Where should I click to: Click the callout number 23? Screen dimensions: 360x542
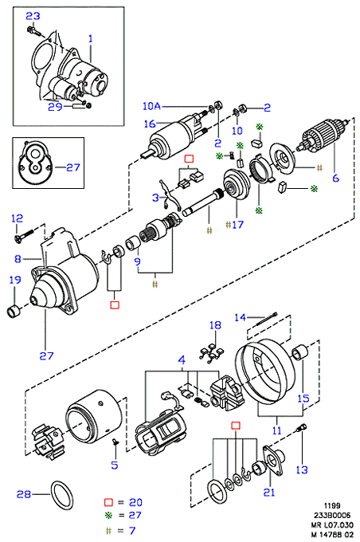[x=33, y=16]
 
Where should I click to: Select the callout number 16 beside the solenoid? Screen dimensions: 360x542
[x=150, y=124]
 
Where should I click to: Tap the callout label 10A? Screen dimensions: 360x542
[x=151, y=106]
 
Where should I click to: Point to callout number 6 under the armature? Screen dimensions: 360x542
[x=336, y=178]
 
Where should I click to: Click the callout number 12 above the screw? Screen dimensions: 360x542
[x=17, y=218]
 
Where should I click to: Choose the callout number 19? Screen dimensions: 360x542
[x=15, y=280]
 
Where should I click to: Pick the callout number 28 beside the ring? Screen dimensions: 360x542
[x=23, y=494]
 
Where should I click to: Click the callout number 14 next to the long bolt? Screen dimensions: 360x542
[x=240, y=317]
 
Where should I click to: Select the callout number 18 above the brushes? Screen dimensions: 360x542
[x=215, y=325]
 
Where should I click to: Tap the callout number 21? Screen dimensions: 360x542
[x=268, y=492]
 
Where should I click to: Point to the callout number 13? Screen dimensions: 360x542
[x=302, y=469]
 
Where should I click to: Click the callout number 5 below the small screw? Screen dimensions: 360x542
[x=115, y=465]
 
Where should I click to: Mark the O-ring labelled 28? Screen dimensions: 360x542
[x=62, y=495]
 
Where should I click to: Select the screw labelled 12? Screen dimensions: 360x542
[x=24, y=235]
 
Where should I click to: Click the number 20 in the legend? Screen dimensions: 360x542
[x=135, y=502]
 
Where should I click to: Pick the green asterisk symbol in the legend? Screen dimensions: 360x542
[x=109, y=515]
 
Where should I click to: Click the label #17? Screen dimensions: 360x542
[x=235, y=225]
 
